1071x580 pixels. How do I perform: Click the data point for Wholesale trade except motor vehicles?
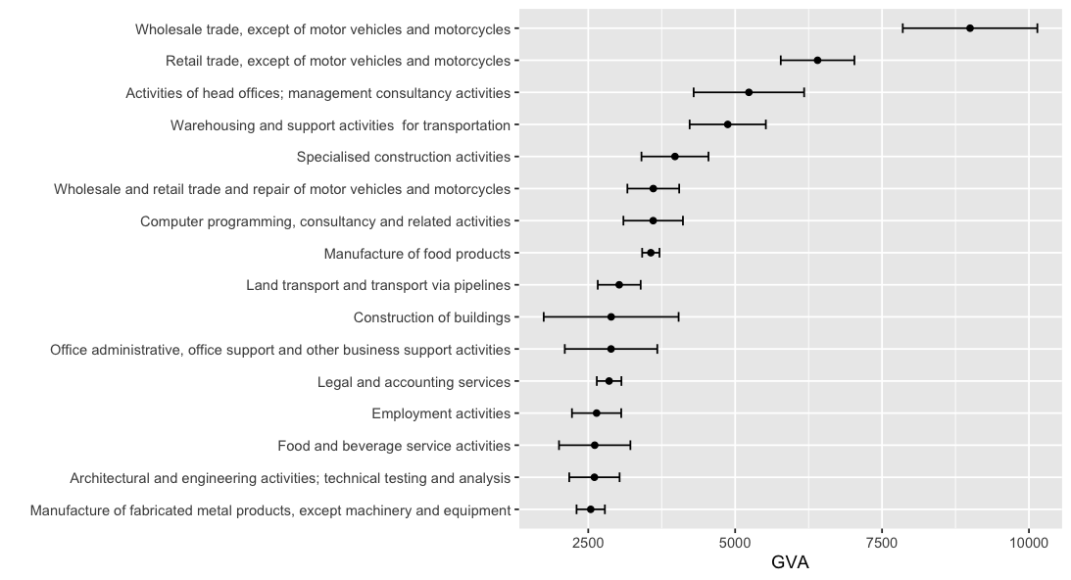point(969,28)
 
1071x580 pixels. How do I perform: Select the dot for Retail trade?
point(817,61)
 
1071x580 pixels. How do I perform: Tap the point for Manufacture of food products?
point(651,253)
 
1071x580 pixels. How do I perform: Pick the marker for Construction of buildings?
point(610,317)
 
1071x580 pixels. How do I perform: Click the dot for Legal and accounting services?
point(609,381)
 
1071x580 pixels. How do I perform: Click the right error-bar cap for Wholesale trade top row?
point(1037,28)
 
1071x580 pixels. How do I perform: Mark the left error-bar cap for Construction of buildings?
point(544,317)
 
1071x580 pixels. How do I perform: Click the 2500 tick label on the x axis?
point(588,543)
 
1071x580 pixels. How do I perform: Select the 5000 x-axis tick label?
point(735,543)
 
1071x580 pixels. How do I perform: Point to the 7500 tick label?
point(882,543)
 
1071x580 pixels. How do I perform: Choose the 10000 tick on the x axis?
point(1028,543)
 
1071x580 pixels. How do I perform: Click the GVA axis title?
point(790,563)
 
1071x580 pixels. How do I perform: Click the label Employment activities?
point(441,413)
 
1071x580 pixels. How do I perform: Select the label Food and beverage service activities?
point(394,446)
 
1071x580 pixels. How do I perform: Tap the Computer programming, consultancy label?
point(325,221)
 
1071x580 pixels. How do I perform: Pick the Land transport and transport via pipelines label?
point(378,285)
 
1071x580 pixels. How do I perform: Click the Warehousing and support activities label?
point(340,125)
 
